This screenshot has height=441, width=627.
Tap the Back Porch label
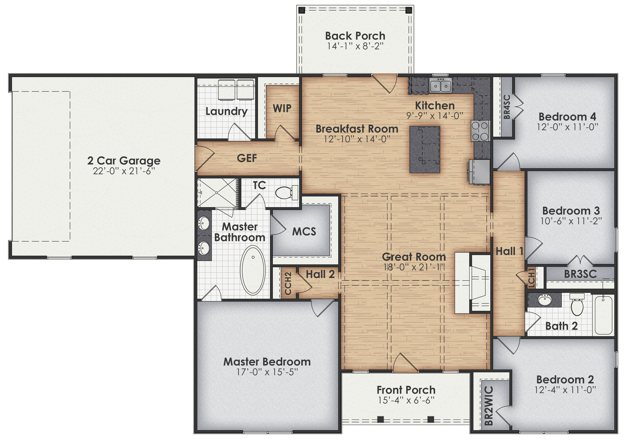click(355, 36)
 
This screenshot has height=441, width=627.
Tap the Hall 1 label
click(509, 251)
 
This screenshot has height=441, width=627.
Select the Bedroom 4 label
click(567, 117)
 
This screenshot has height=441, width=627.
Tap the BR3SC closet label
click(580, 274)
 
